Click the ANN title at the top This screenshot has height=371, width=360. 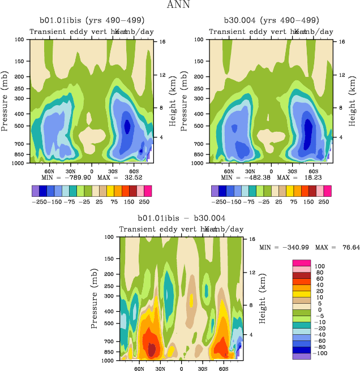179,6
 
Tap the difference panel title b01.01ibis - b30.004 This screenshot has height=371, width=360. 182,218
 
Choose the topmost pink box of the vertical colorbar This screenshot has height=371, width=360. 301,262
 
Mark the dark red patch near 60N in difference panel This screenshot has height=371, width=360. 151,346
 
